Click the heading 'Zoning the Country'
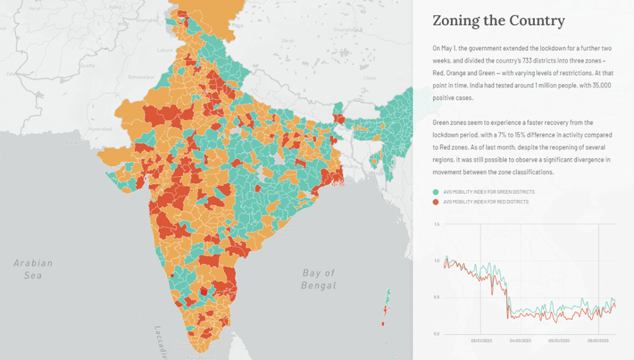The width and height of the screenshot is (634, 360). click(x=498, y=20)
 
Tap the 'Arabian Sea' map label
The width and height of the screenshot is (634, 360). click(x=33, y=269)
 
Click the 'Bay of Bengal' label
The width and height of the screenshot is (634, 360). click(x=318, y=279)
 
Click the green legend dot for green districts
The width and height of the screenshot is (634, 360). click(x=435, y=192)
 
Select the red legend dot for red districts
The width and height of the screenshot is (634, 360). click(x=435, y=202)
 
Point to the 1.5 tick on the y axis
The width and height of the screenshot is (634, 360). click(x=436, y=224)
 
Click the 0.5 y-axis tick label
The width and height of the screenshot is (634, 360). click(x=436, y=297)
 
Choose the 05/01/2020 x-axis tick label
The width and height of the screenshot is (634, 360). click(x=558, y=340)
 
